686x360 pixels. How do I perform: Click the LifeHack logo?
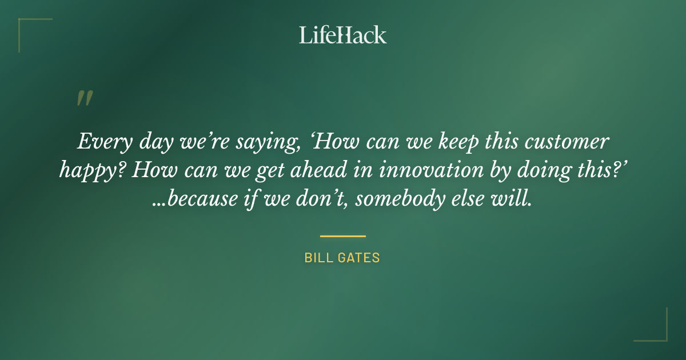tap(343, 35)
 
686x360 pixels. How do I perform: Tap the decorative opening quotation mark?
tap(84, 98)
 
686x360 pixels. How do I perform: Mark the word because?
tap(202, 201)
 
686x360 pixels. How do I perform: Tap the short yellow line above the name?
tap(343, 235)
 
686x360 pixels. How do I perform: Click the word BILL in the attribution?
tap(318, 258)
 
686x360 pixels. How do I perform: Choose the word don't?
tap(324, 201)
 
